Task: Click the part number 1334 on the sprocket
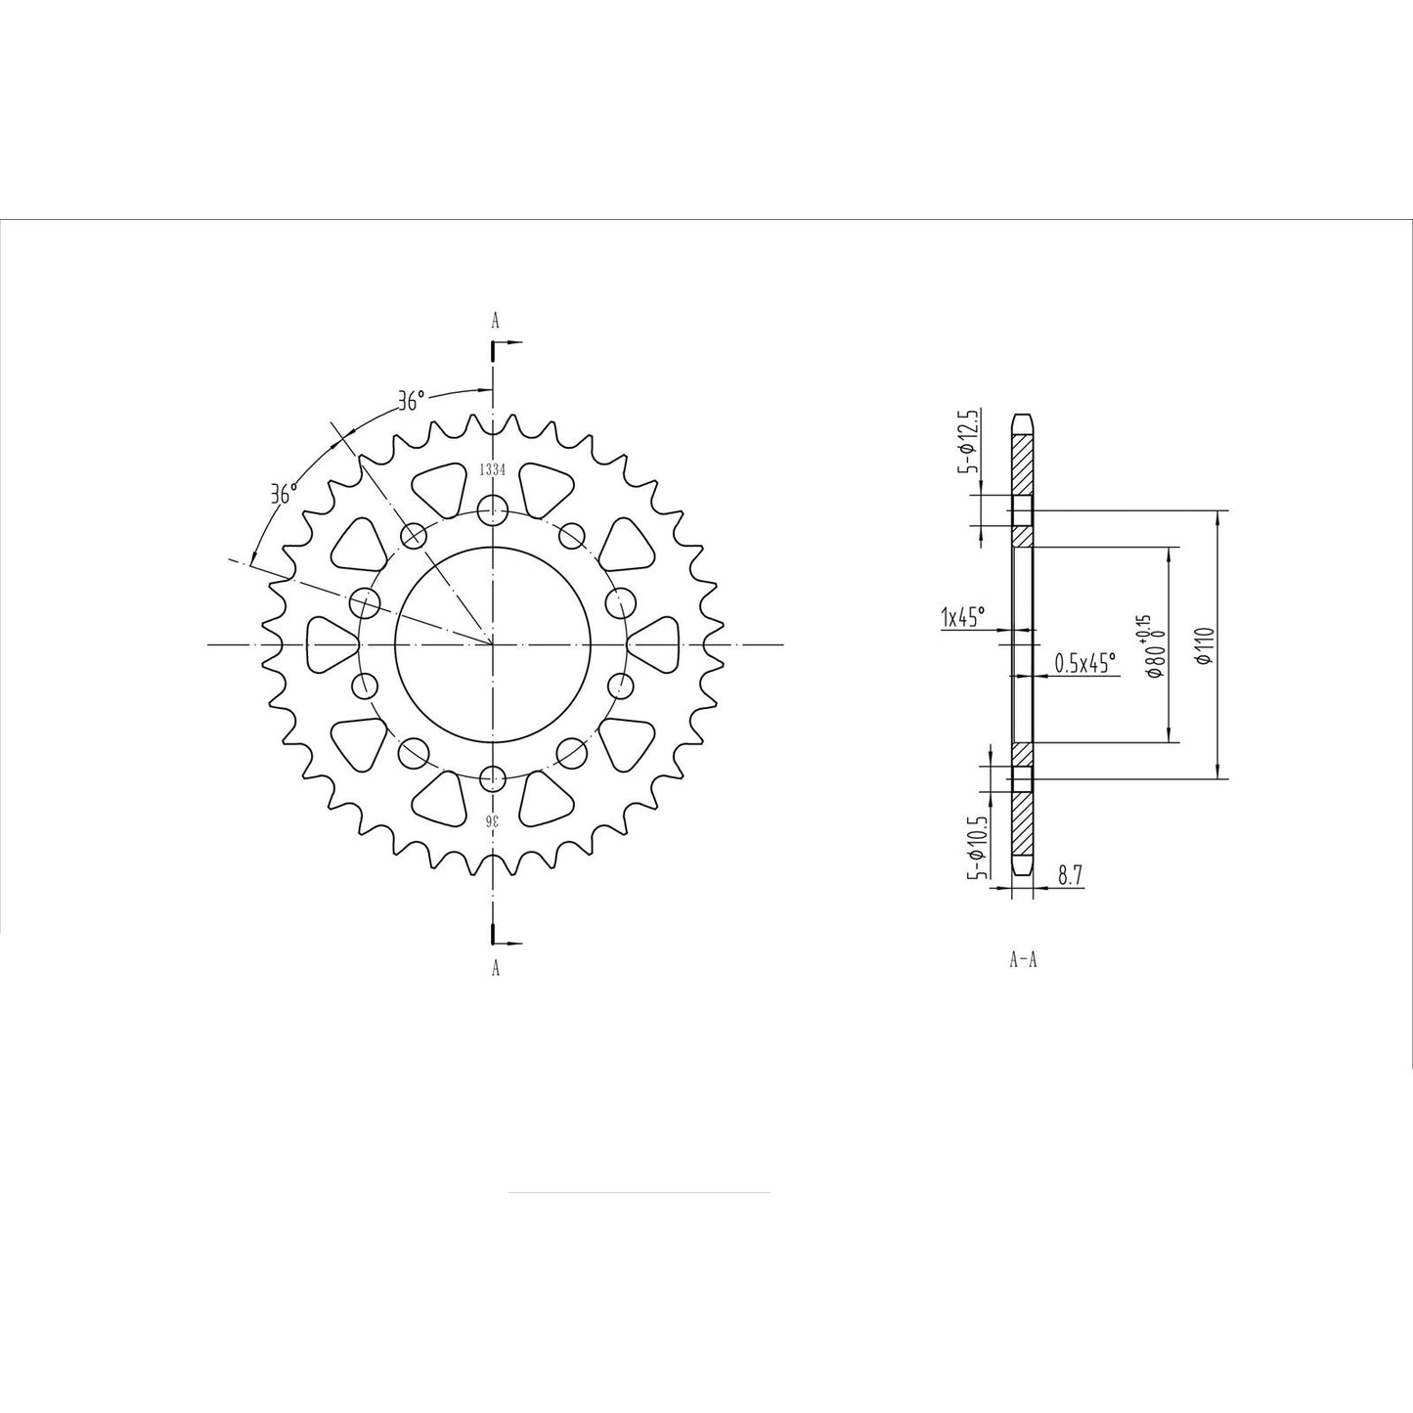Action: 492,469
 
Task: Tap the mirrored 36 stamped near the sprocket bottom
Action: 494,820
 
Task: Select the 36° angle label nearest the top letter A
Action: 412,401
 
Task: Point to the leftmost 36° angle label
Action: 284,494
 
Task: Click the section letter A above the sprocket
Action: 495,320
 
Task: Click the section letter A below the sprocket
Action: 495,968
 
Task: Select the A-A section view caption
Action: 1023,959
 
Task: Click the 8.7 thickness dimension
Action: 1070,876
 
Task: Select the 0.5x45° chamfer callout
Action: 1084,663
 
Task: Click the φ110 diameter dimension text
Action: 1205,645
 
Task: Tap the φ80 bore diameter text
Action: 1156,663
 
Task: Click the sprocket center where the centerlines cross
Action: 494,645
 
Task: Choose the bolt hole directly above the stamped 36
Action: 494,779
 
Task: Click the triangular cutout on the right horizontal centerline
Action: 652,645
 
